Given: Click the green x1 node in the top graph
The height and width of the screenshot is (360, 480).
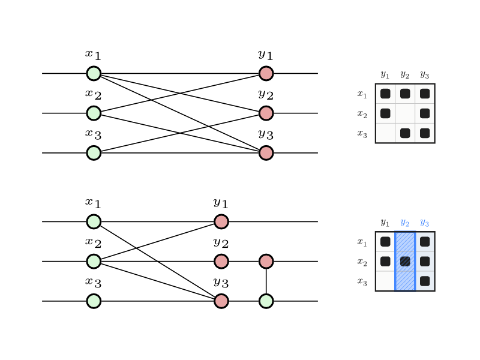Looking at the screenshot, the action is pos(94,73).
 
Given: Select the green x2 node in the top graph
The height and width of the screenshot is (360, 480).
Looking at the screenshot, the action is pos(94,113).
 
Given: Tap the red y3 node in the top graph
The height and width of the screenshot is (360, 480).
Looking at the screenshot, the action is pos(266,153).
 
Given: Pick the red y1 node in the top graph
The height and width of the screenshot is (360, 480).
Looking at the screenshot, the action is pos(266,73).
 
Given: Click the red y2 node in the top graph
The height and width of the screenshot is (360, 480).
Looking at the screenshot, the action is pos(266,113).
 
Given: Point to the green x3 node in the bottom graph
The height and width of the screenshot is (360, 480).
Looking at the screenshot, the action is pos(94,301).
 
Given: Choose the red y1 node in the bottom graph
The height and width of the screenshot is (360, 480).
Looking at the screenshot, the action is pos(221,221).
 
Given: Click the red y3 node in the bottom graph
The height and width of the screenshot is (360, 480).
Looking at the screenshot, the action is pos(221,301).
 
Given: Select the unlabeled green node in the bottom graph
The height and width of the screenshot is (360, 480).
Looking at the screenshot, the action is pos(266,301).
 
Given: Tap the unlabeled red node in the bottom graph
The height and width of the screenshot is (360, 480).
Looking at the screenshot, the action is pos(266,261).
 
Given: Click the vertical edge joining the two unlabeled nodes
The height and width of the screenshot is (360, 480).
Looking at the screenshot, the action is pos(266,281).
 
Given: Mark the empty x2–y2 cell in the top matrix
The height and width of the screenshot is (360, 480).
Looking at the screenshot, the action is pos(405,113).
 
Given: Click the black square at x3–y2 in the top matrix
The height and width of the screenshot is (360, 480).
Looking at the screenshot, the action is pos(405,133).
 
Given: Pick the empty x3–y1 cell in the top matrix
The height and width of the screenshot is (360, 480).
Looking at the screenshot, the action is pos(385,133).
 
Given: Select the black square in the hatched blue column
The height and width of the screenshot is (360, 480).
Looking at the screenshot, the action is pos(405,261).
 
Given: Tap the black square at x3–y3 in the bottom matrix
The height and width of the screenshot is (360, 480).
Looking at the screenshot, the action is pos(425,281).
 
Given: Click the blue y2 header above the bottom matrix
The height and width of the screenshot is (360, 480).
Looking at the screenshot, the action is pos(404,223).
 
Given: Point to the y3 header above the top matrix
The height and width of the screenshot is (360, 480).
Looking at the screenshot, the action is pos(424,74).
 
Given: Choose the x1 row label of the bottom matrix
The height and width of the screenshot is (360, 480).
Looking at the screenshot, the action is pos(362,242).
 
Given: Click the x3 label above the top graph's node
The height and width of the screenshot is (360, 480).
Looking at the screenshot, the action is pos(93,134).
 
